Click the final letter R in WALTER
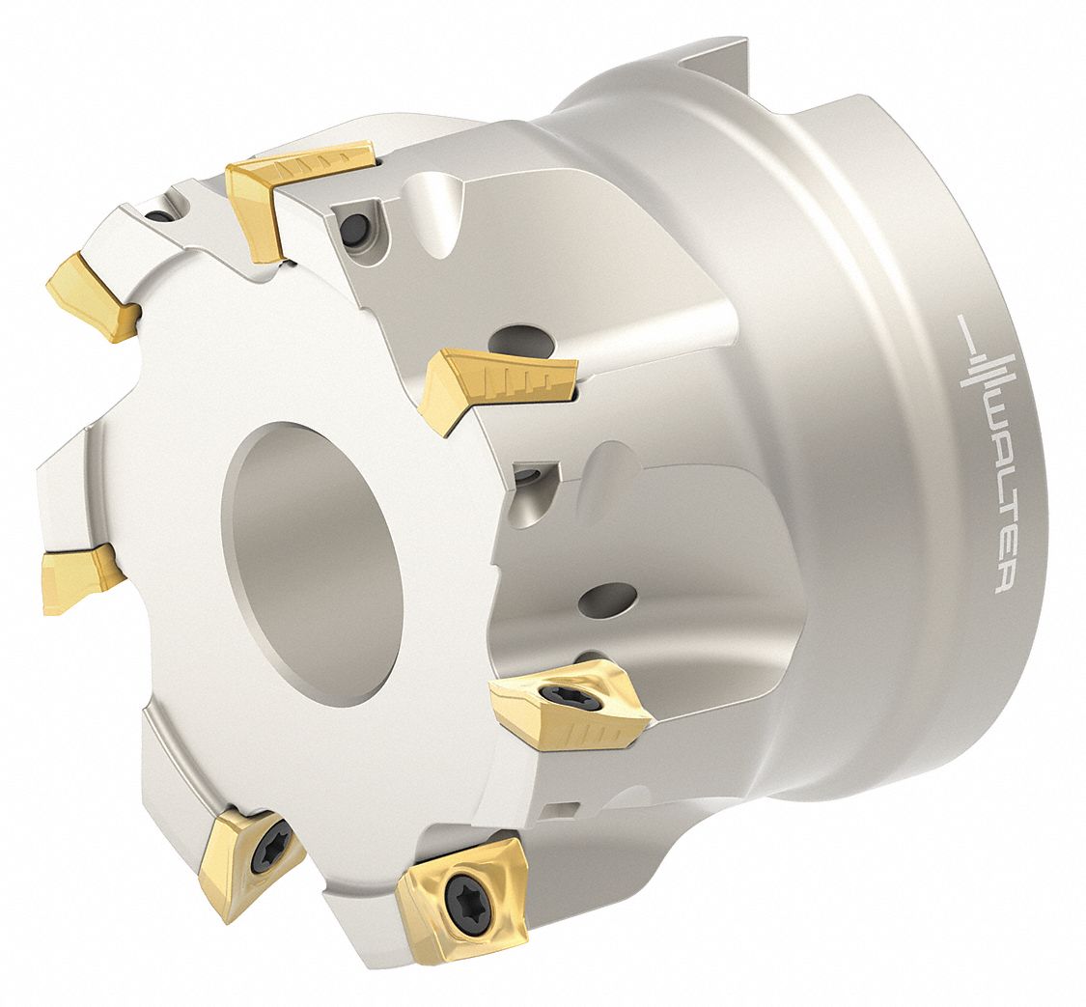click(1001, 578)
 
